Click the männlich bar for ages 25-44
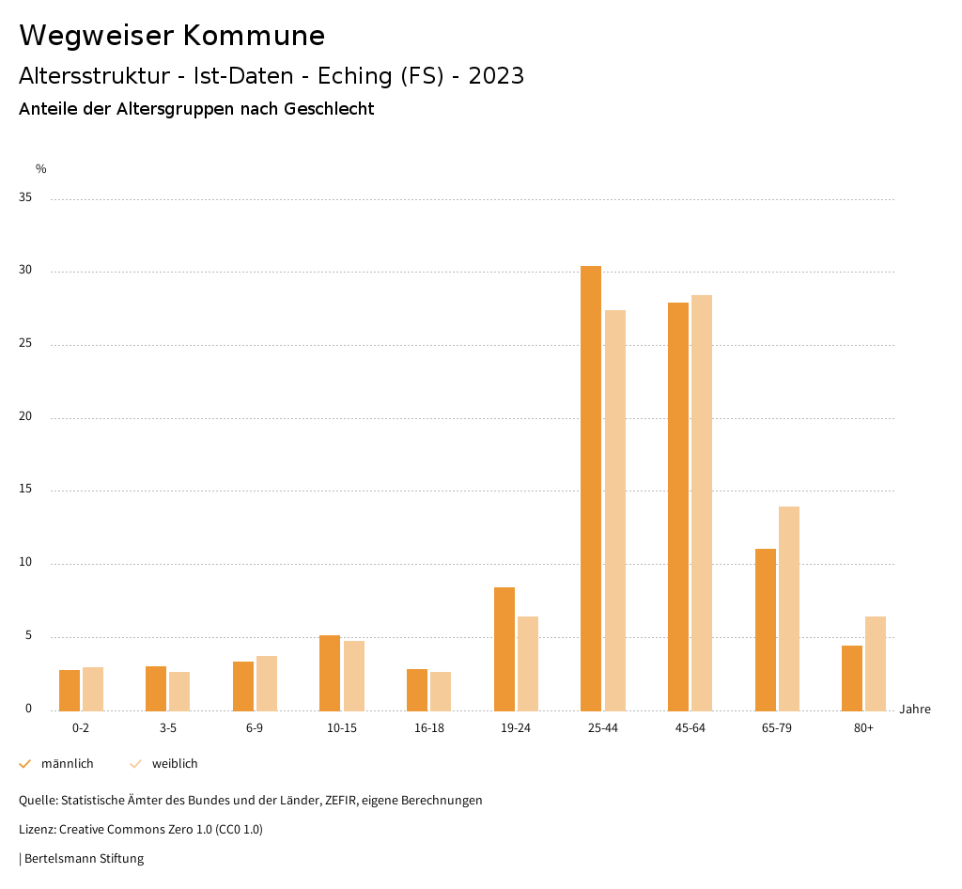click(x=591, y=489)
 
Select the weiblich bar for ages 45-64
click(x=702, y=503)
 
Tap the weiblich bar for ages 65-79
click(x=789, y=609)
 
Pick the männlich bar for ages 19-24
click(x=504, y=648)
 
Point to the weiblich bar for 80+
click(x=876, y=663)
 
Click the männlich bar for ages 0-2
click(x=70, y=691)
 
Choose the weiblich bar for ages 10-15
click(x=354, y=676)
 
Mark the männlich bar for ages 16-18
click(x=417, y=690)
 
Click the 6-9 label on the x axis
click(x=255, y=728)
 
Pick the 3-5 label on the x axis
click(x=168, y=728)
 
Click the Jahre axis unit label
click(x=915, y=710)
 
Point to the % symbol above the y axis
click(x=41, y=169)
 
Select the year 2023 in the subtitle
click(x=496, y=76)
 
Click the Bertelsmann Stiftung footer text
click(x=84, y=859)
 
